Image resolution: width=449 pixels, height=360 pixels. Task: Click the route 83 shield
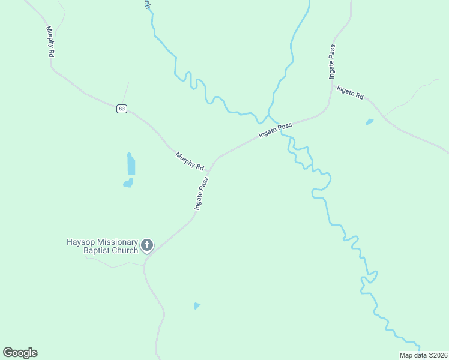[122, 109]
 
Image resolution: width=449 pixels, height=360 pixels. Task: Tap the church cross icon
[146, 245]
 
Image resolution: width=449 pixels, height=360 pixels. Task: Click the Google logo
[20, 353]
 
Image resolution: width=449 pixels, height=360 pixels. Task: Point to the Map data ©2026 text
[423, 355]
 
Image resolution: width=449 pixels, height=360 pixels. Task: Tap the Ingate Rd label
[351, 92]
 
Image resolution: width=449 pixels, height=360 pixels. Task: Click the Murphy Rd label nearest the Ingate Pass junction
[190, 161]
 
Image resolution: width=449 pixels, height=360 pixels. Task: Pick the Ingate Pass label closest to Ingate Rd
[331, 62]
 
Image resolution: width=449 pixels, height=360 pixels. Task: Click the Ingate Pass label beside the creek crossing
[276, 130]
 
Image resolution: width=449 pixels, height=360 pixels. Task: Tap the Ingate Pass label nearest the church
[201, 193]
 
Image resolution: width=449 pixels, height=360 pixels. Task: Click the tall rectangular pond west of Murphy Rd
[131, 163]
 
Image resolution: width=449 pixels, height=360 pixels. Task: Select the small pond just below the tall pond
[128, 183]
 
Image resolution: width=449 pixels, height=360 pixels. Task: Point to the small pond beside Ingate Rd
[369, 122]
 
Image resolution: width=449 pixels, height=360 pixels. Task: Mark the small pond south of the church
[197, 306]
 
